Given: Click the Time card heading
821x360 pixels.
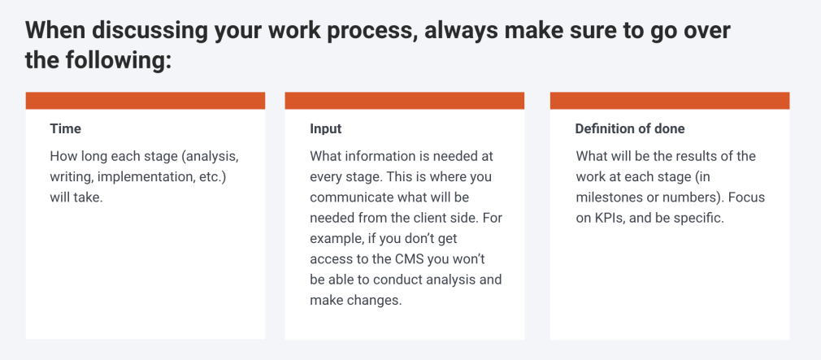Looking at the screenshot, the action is click(x=66, y=128).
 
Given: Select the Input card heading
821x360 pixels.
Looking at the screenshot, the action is click(x=325, y=128).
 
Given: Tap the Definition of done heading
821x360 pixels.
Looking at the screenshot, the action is click(x=630, y=128).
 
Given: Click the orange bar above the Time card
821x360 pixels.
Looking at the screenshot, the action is click(x=146, y=101).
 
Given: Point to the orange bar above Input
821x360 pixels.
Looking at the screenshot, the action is click(x=404, y=101).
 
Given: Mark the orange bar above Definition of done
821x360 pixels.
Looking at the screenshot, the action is click(x=670, y=101).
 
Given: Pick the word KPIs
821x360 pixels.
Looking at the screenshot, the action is click(x=607, y=219).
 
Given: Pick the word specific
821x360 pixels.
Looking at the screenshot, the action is click(x=700, y=219).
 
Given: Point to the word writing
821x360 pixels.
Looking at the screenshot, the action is click(x=72, y=177).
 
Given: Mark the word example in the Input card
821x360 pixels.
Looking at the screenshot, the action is click(x=332, y=239).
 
